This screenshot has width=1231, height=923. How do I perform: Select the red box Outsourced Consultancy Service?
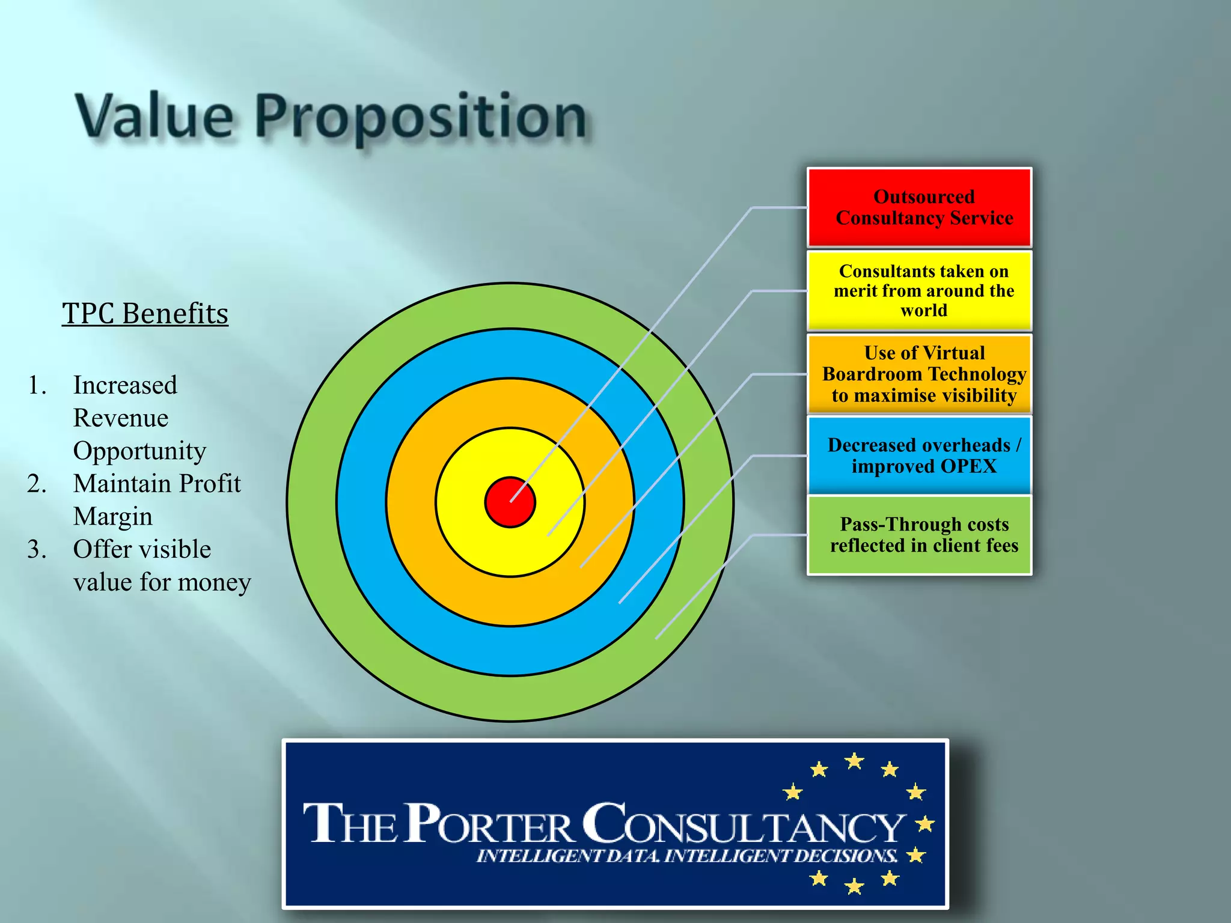[919, 207]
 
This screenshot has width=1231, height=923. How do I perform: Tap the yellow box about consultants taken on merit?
[919, 291]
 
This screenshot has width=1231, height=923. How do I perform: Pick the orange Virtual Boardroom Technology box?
[919, 374]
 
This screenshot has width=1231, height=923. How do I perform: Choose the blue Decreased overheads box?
[919, 455]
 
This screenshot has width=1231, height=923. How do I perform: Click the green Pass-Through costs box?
[919, 535]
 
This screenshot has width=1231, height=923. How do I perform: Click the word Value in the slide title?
[154, 117]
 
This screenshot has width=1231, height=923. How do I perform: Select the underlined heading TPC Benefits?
[145, 314]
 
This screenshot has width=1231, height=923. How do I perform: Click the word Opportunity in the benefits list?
[139, 451]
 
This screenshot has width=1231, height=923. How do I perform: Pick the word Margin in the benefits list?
[113, 517]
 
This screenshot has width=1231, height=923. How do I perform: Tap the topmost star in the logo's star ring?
[854, 761]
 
